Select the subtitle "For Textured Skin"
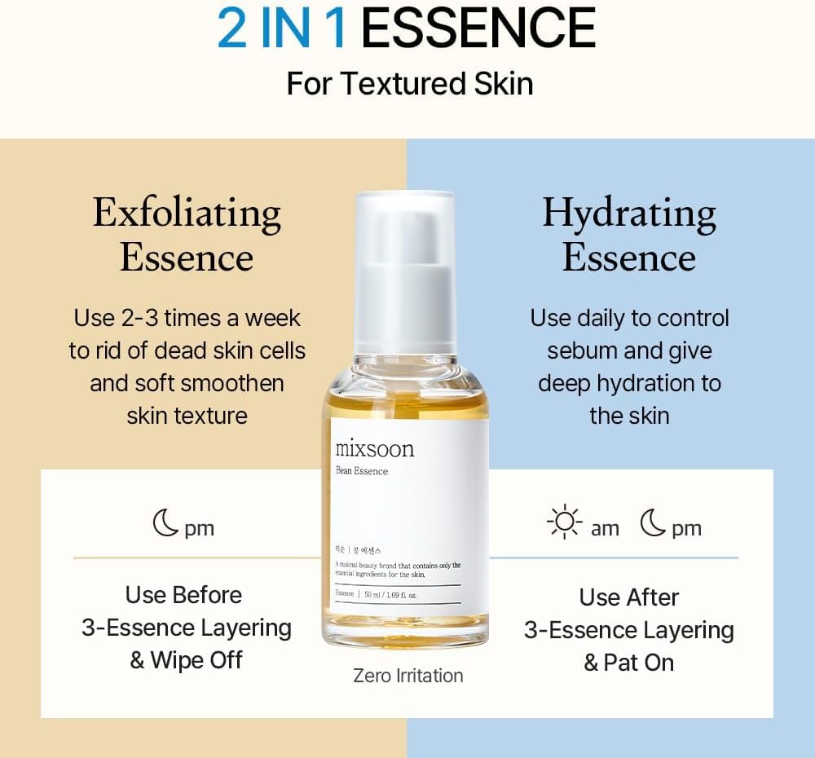[x=409, y=84]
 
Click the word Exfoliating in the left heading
[x=187, y=214]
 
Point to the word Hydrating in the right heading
[x=629, y=214]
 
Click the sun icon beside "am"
[x=564, y=523]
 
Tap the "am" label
[x=605, y=529]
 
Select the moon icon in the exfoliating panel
[x=166, y=523]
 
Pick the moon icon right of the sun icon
[x=653, y=523]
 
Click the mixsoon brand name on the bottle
[x=375, y=449]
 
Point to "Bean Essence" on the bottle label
[x=362, y=471]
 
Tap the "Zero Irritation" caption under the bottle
[x=408, y=676]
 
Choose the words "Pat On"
[x=639, y=663]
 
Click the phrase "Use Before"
[x=183, y=595]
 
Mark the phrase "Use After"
[x=629, y=597]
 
